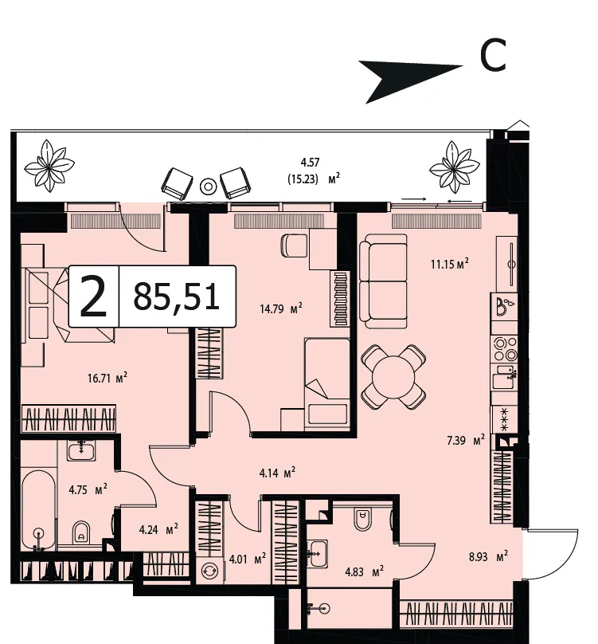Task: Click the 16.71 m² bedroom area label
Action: click(107, 378)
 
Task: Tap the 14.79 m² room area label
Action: click(281, 308)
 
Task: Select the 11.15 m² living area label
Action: click(449, 264)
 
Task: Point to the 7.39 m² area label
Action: click(466, 441)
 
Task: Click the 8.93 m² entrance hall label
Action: click(488, 557)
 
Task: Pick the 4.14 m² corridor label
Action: click(277, 473)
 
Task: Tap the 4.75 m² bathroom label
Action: click(88, 489)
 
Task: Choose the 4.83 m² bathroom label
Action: click(364, 571)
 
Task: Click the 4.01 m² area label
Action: click(247, 559)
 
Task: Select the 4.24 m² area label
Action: click(158, 529)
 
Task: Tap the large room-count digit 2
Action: click(93, 296)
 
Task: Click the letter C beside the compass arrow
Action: click(493, 55)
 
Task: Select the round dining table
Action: click(393, 377)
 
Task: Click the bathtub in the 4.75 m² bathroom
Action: click(38, 511)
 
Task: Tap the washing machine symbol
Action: click(209, 571)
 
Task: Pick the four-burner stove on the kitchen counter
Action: click(505, 348)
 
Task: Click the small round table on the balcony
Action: click(208, 187)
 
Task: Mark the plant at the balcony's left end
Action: click(49, 166)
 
